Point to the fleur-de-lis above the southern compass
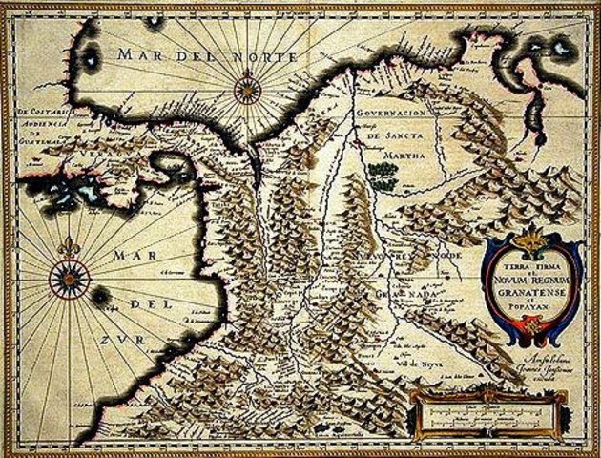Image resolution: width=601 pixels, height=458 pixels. tap(70, 247)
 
